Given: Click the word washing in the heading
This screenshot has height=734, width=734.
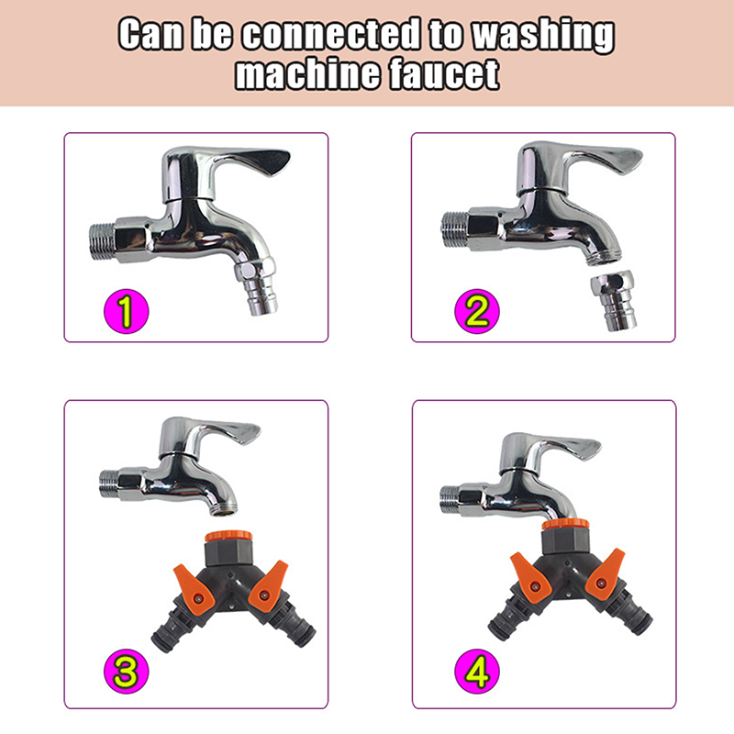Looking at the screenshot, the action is coord(542,35).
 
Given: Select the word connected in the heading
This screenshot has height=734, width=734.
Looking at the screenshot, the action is coord(331,33).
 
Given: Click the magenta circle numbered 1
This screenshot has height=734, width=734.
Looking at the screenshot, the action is coord(126,311).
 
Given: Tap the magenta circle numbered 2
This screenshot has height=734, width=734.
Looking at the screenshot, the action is coord(477,311).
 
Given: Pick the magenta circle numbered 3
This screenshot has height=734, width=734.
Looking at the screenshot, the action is coord(126,672).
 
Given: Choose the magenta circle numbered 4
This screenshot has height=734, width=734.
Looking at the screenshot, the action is coord(477,672).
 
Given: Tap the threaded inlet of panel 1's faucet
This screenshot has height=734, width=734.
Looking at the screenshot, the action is coord(102,241).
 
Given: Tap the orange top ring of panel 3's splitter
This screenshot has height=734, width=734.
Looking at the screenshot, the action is coord(228,536).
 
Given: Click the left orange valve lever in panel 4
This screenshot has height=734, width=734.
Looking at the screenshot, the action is coord(530,577).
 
